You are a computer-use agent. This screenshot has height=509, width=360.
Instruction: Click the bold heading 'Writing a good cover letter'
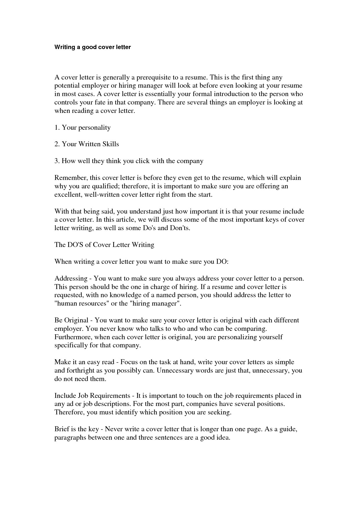[93, 47]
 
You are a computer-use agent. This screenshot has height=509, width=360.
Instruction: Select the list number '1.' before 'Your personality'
[57, 127]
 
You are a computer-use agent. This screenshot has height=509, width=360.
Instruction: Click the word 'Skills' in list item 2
[111, 144]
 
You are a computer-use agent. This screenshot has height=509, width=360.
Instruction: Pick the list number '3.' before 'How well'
[57, 161]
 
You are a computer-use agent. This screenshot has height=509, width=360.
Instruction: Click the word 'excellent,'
[68, 194]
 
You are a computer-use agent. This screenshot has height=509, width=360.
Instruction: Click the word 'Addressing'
[71, 279]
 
